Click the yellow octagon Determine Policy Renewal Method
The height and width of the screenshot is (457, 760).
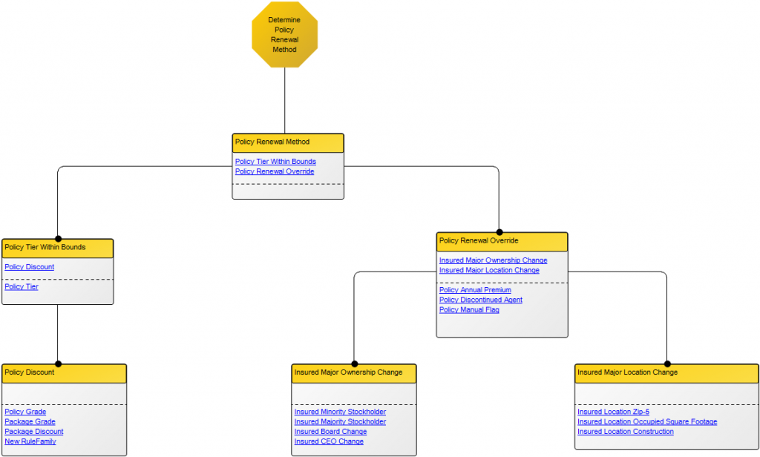[284, 35]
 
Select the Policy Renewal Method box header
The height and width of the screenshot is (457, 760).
[288, 142]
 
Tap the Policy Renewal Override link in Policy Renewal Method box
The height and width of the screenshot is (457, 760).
[274, 171]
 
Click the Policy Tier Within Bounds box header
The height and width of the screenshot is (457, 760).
[57, 248]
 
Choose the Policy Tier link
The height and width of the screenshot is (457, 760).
[22, 286]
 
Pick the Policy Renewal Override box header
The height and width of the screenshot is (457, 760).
[502, 241]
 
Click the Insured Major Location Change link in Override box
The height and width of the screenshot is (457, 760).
[489, 270]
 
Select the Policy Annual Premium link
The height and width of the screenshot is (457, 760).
[475, 290]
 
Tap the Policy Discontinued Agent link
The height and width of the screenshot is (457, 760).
[480, 300]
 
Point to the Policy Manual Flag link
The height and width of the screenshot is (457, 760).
[469, 309]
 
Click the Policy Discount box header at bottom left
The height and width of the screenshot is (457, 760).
[64, 372]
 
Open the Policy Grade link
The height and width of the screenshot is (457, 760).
[25, 412]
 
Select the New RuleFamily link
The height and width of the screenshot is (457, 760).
[30, 441]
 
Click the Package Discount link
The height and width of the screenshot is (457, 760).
[34, 432]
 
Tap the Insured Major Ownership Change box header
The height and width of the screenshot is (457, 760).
[354, 372]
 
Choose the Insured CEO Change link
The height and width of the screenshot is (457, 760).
[329, 441]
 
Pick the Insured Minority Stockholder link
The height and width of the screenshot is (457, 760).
[340, 412]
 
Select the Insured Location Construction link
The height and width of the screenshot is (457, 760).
[626, 432]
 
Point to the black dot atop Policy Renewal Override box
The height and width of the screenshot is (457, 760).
[499, 231]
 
